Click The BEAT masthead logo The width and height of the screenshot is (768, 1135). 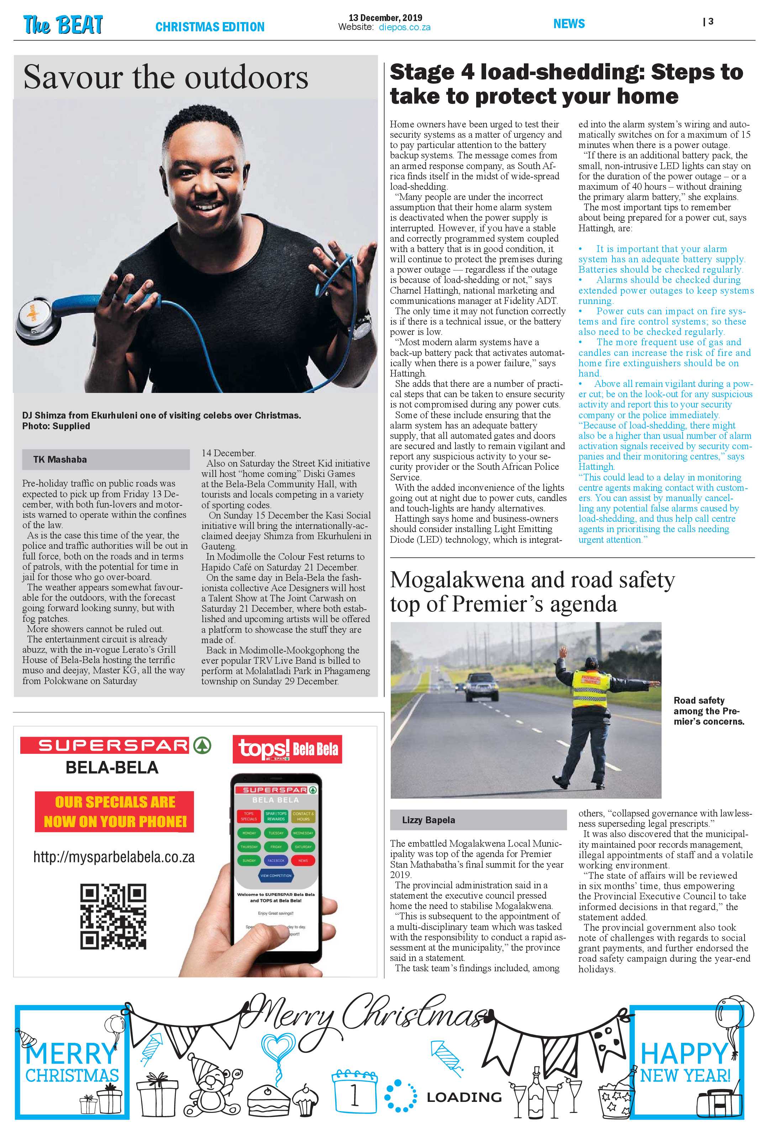(63, 25)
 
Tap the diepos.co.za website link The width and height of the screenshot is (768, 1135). (404, 28)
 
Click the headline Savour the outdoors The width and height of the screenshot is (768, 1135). (165, 78)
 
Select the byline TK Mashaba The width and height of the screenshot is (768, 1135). (60, 459)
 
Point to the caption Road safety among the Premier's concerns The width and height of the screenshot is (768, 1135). (709, 711)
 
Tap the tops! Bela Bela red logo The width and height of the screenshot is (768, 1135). (287, 749)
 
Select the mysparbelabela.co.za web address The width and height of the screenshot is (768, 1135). (114, 857)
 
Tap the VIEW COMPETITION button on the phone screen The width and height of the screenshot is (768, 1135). (276, 876)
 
